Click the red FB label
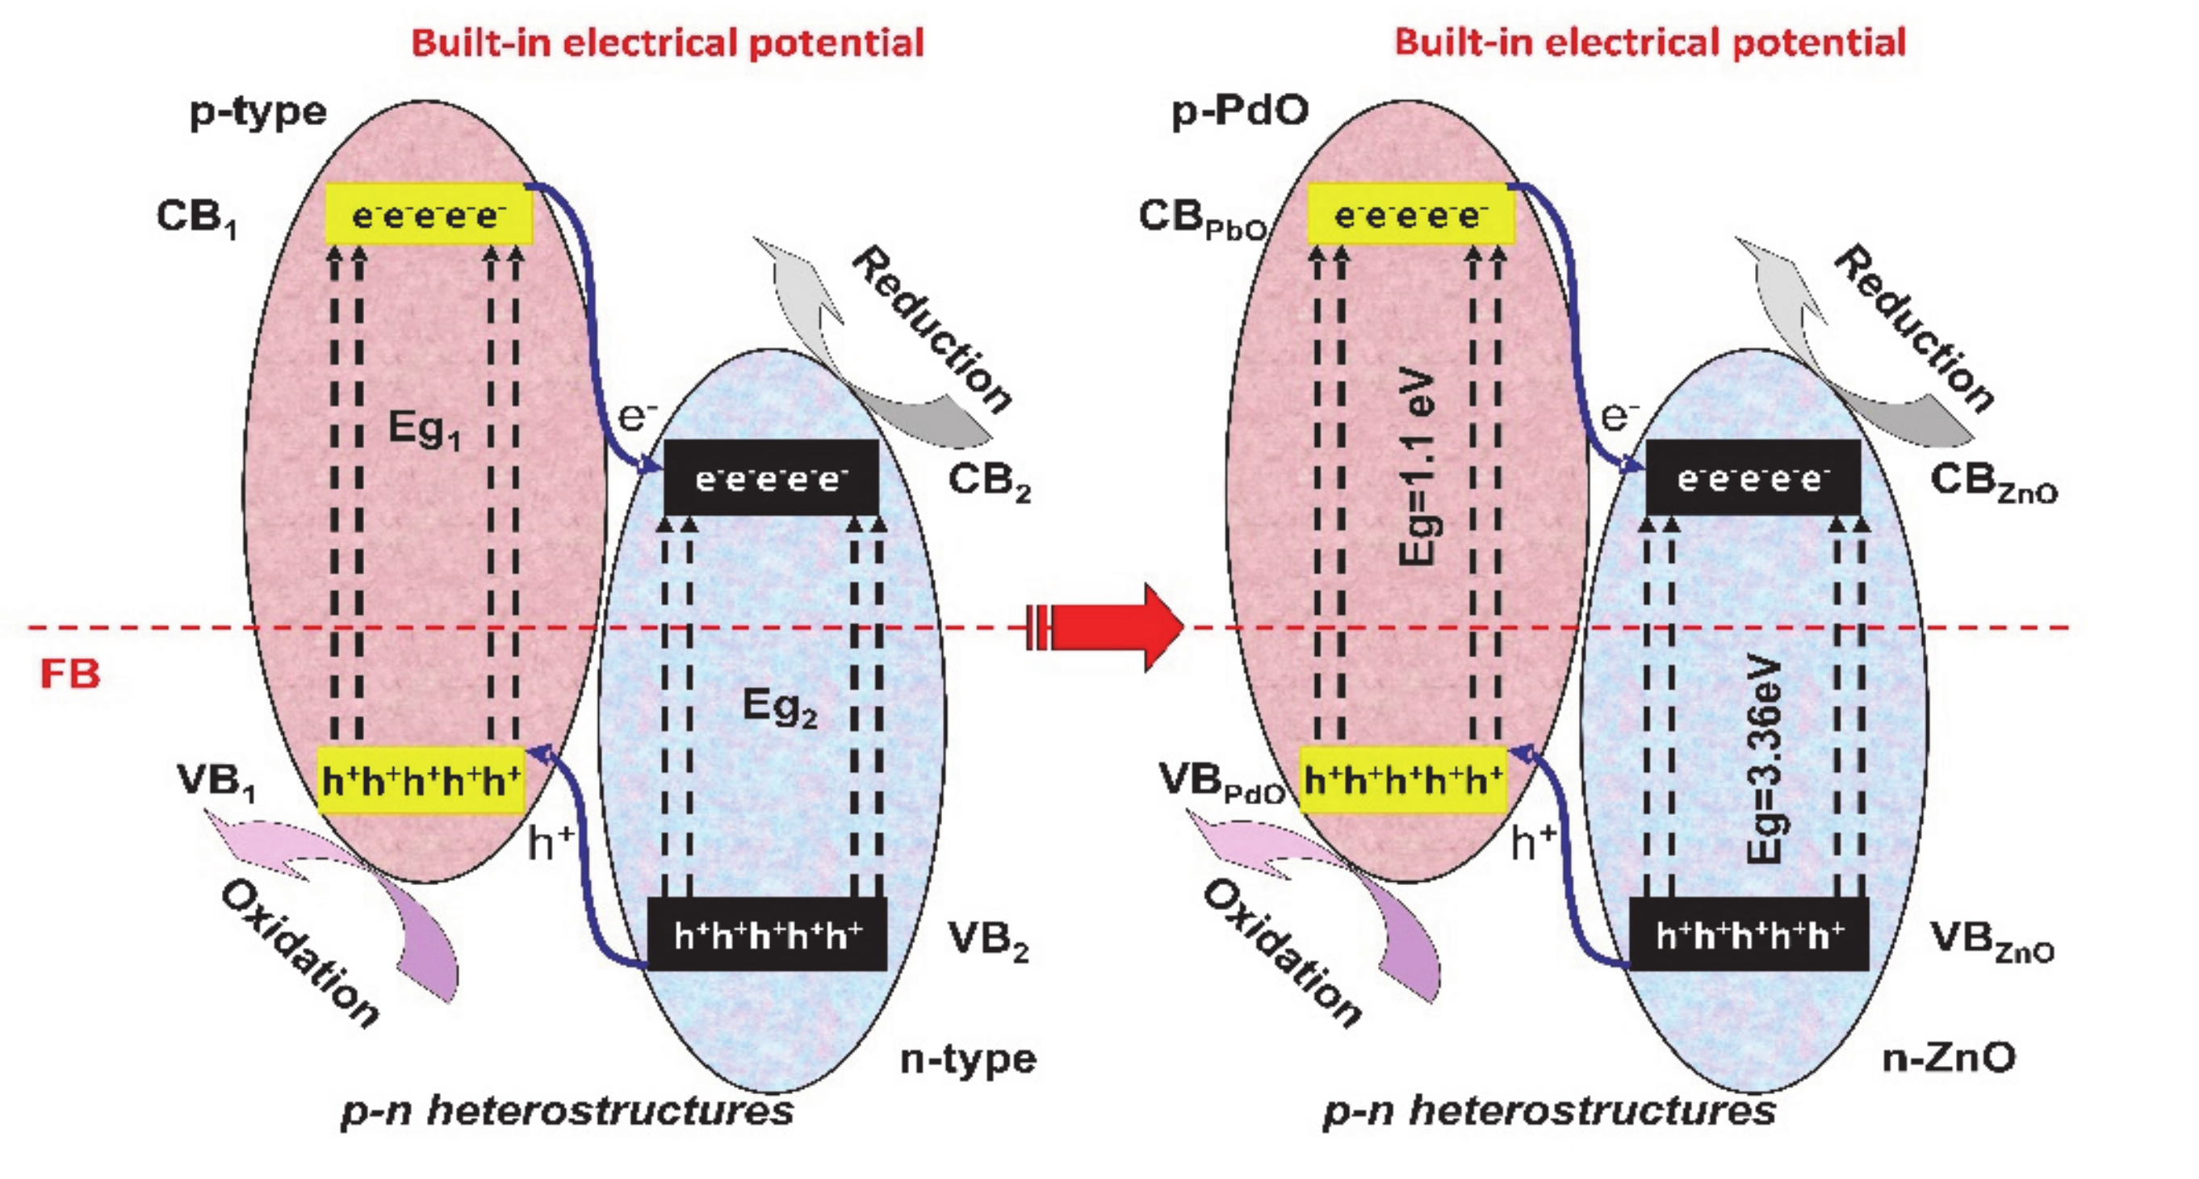point(70,674)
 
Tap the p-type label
point(258,111)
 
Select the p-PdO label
point(1239,111)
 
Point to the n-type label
point(969,1059)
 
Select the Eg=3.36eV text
point(1765,760)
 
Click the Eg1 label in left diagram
point(425,429)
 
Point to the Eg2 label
point(779,707)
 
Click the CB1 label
point(196,217)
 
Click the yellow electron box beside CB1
point(429,214)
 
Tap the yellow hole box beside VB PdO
point(1402,779)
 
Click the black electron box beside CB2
point(771,477)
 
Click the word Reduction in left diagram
point(933,329)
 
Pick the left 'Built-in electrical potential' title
point(668,43)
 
